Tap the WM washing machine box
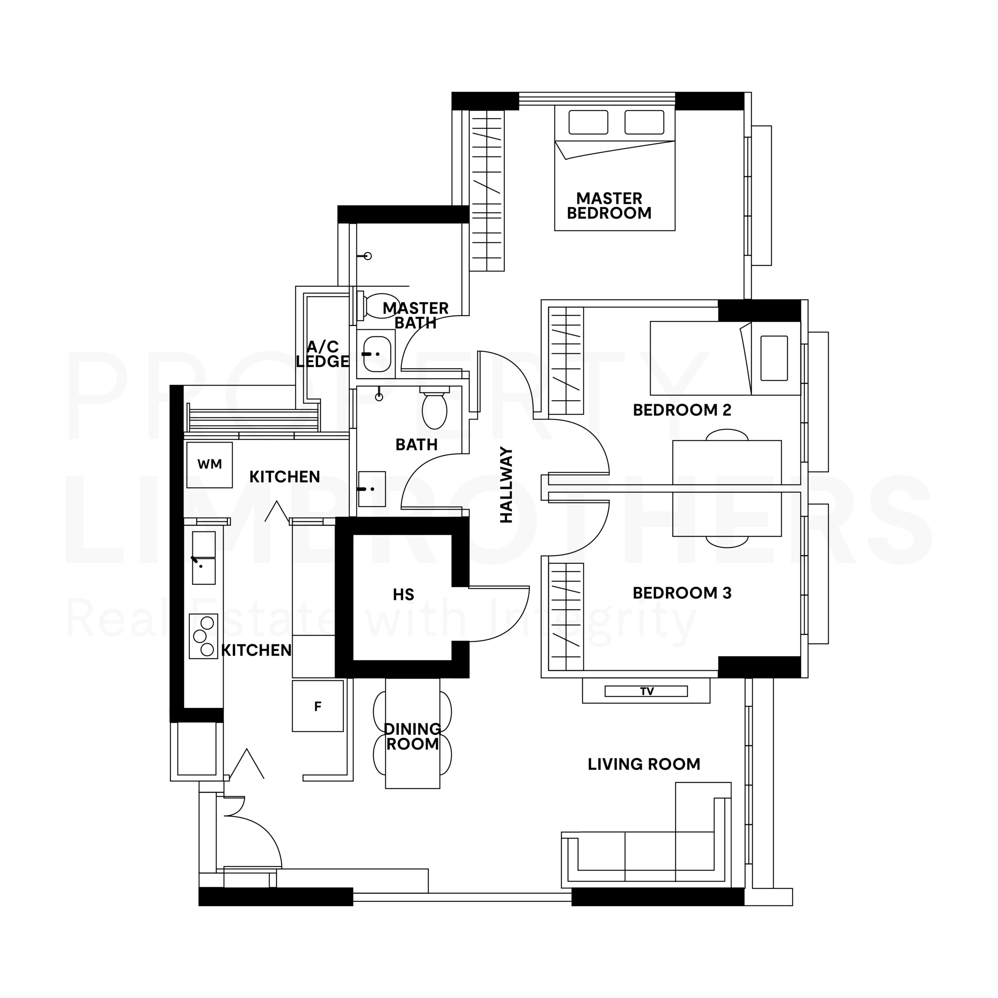pos(209,464)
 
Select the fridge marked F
pos(318,706)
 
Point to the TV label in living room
pos(647,691)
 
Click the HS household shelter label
pos(403,595)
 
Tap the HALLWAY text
pos(506,485)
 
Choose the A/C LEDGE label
pos(323,354)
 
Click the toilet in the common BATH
pos(434,408)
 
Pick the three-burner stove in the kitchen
pos(203,636)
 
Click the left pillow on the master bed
pos(588,122)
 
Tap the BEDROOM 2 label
pos(682,410)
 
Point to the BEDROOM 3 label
pos(682,593)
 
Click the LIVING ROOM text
pos(644,764)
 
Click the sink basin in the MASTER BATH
pos(377,354)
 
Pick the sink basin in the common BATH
pos(372,488)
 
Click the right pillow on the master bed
pos(644,122)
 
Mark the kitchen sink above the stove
pos(203,558)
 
